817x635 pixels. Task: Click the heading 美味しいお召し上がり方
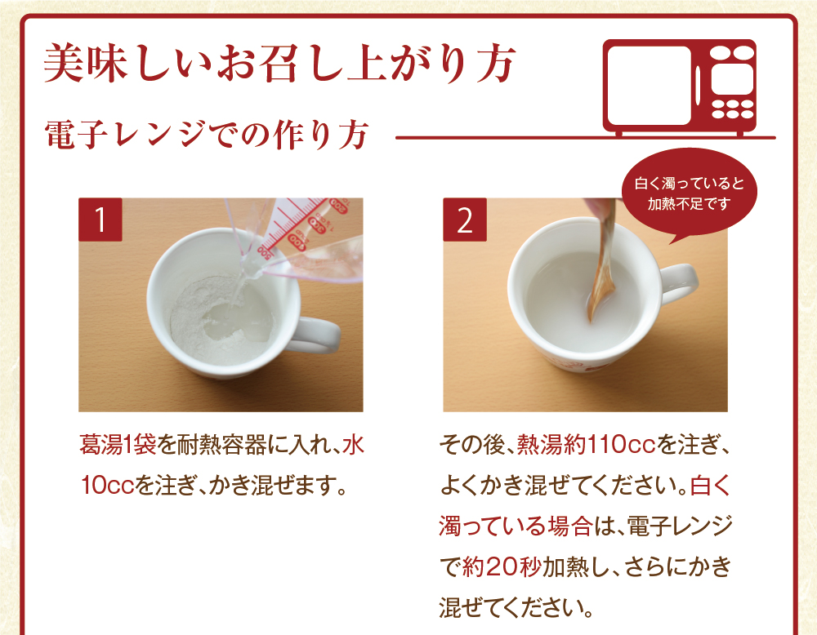click(278, 64)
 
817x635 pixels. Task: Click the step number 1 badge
click(100, 220)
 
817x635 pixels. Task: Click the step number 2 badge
click(464, 220)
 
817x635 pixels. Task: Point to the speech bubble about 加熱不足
click(690, 193)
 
